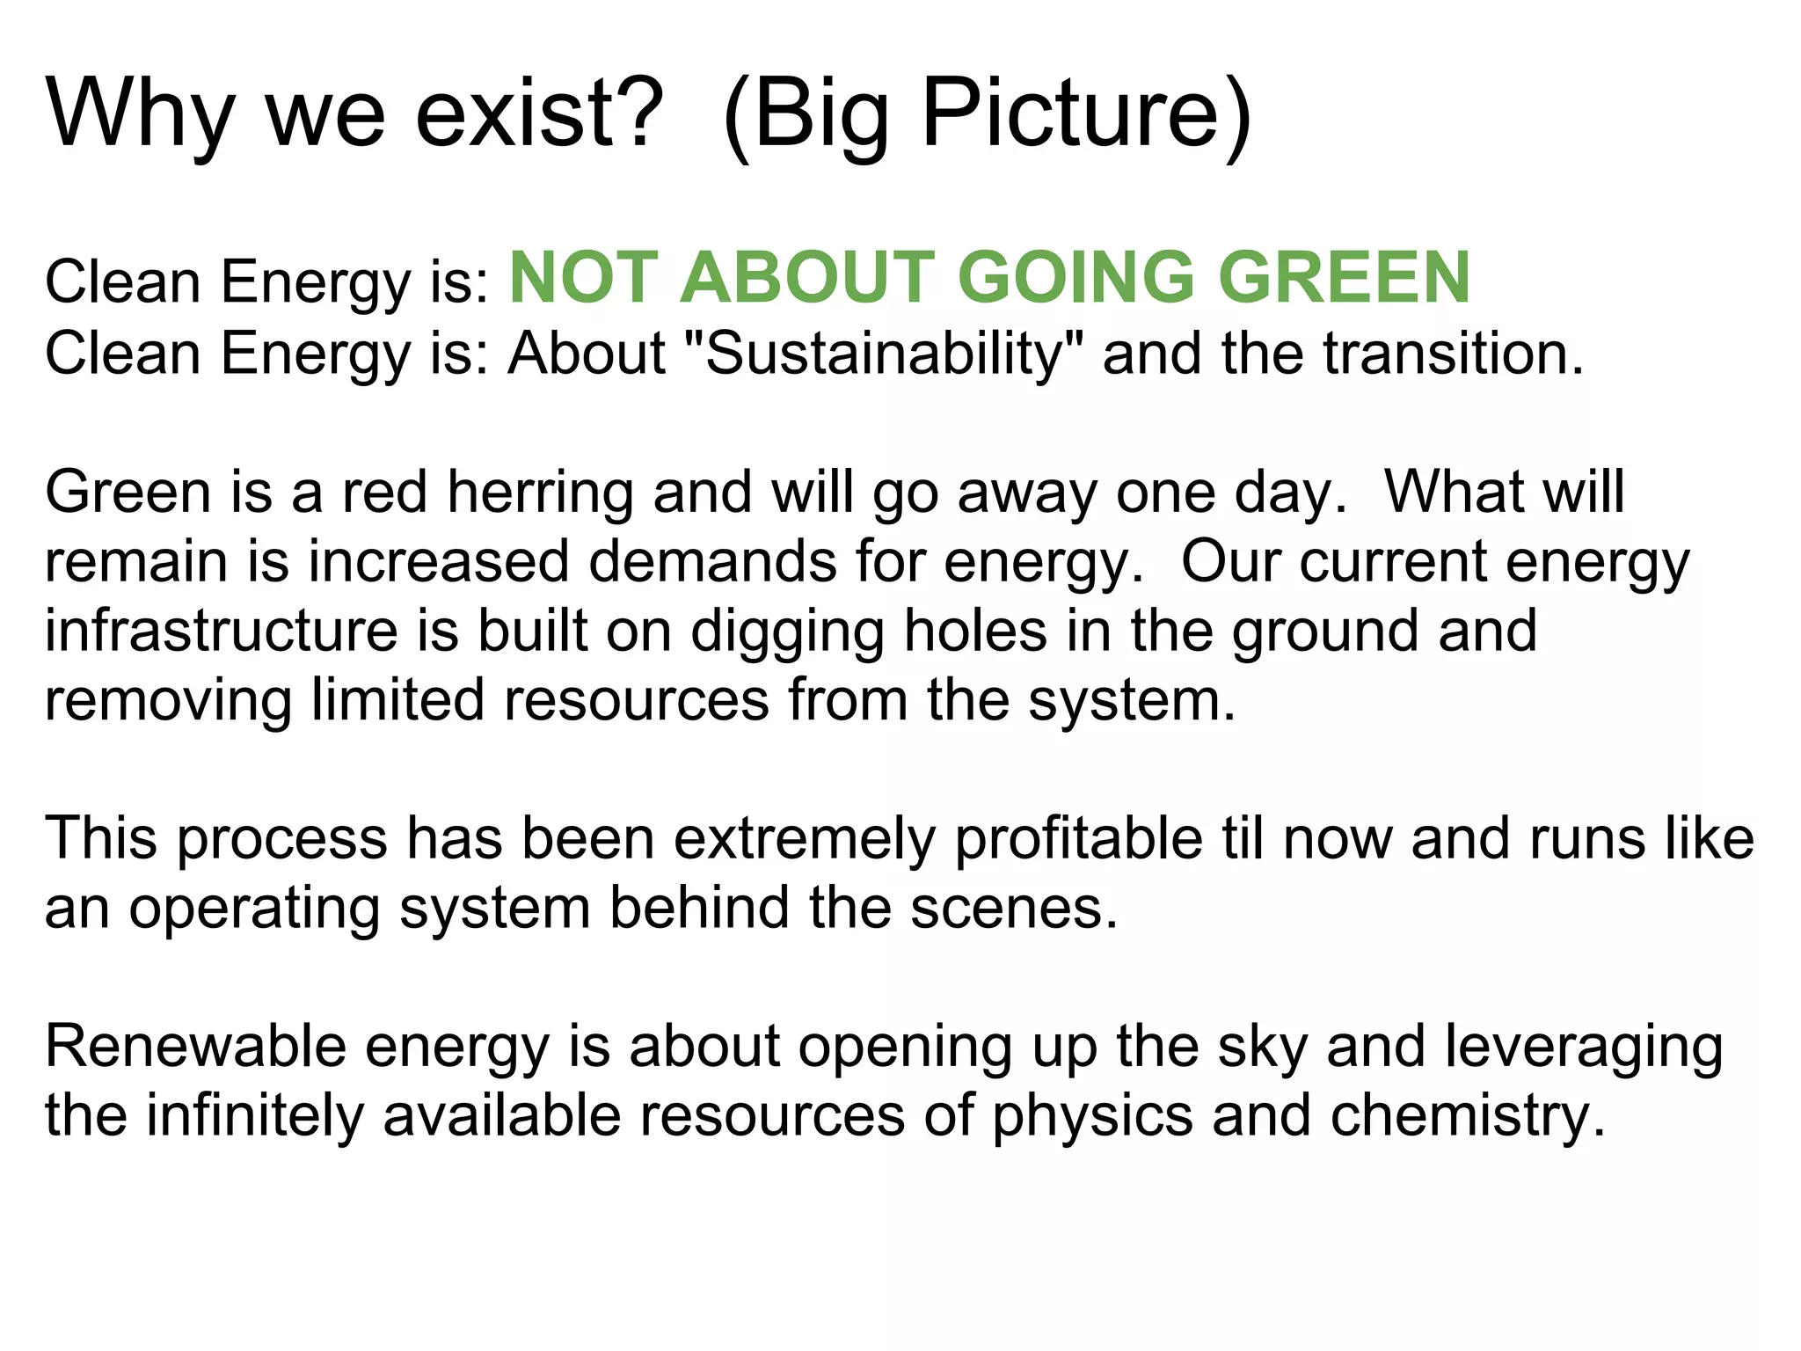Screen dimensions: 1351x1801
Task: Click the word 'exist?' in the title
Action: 538,113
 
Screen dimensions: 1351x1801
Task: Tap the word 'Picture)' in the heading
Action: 1086,113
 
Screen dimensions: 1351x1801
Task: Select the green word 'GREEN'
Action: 1345,278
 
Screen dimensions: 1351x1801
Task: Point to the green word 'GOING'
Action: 1076,278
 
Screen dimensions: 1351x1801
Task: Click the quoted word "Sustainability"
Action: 883,354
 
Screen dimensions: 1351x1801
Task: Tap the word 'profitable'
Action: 1077,838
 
